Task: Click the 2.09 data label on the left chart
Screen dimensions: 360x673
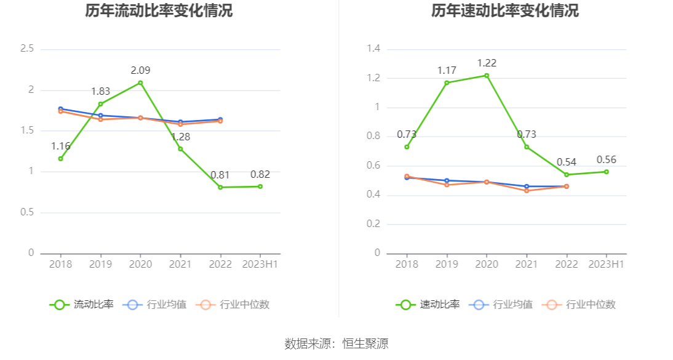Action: click(140, 70)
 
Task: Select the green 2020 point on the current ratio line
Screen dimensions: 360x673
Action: click(140, 82)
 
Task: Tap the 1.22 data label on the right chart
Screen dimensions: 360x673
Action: click(487, 63)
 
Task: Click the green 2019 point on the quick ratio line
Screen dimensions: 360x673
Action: click(447, 82)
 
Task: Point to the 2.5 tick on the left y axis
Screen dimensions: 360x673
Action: click(27, 49)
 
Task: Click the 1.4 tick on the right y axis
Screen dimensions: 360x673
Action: click(373, 49)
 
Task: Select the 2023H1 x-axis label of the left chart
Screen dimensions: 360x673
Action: click(260, 263)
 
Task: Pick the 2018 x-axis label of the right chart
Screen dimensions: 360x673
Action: click(407, 263)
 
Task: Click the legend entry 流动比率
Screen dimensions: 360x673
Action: click(82, 304)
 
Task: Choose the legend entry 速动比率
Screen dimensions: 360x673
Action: click(428, 304)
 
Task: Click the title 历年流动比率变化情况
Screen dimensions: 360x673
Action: click(159, 10)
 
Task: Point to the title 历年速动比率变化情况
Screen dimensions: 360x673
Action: click(504, 10)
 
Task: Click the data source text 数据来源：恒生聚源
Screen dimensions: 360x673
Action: click(336, 343)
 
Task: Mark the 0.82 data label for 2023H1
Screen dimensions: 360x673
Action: click(260, 174)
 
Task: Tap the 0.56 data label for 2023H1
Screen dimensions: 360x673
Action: click(606, 160)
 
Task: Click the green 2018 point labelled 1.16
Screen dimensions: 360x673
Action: click(60, 159)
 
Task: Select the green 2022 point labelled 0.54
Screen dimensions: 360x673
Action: click(567, 175)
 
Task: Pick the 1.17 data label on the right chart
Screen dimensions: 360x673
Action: click(447, 70)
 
